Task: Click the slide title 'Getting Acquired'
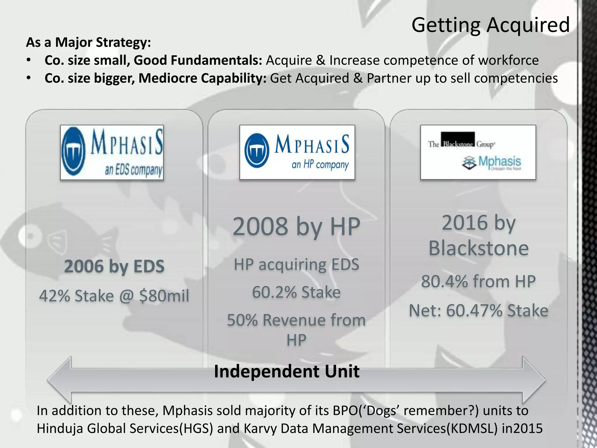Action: point(490,25)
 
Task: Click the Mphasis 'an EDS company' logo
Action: point(112,152)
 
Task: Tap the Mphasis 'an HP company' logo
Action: point(297,152)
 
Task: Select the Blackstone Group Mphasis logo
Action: point(478,152)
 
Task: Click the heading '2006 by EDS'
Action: point(114,266)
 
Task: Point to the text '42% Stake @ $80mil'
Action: point(114,296)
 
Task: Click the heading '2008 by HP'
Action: point(296,227)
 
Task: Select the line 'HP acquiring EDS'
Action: point(296,265)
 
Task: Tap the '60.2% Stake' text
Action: point(296,292)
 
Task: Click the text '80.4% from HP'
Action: point(478,281)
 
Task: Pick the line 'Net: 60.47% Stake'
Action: point(478,310)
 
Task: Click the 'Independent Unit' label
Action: point(287,371)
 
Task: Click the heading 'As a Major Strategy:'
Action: point(89,42)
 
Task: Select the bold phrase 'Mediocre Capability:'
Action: point(202,78)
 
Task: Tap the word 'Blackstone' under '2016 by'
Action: point(478,248)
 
